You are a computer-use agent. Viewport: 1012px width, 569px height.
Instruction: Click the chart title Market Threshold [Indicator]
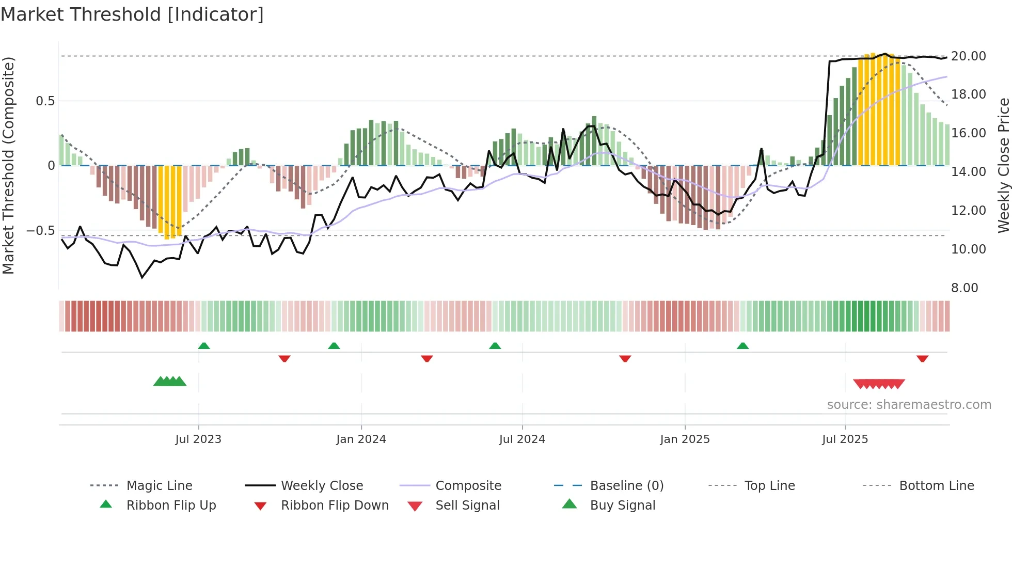click(x=132, y=14)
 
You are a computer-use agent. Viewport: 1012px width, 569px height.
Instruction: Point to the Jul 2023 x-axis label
click(x=198, y=439)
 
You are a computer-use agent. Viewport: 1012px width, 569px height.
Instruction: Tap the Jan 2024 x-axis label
click(x=361, y=439)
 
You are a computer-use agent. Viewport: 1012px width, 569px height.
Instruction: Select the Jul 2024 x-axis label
click(x=522, y=439)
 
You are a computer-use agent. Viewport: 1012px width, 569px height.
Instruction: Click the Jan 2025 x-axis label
click(x=685, y=439)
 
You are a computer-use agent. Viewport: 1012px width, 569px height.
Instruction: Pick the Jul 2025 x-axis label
click(x=845, y=439)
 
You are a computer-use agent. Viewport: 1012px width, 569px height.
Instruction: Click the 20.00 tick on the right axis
click(x=968, y=56)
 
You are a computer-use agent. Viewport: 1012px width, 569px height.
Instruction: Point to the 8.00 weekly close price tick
click(x=964, y=288)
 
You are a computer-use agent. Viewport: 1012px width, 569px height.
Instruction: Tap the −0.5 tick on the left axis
click(x=41, y=230)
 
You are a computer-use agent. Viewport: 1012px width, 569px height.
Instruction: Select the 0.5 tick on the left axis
click(x=45, y=101)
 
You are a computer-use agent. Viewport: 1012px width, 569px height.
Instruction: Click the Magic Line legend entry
click(x=159, y=486)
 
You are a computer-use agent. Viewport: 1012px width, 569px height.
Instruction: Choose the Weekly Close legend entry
click(x=322, y=486)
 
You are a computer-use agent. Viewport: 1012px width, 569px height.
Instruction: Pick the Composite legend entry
click(x=468, y=486)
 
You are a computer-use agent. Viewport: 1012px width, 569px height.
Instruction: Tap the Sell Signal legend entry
click(x=467, y=505)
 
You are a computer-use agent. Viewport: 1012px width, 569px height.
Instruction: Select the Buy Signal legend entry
click(x=623, y=505)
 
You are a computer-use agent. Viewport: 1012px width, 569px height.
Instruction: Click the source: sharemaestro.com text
click(x=909, y=405)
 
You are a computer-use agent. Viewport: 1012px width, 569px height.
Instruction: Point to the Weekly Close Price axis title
click(x=1003, y=165)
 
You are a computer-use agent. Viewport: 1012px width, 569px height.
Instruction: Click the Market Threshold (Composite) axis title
click(x=8, y=165)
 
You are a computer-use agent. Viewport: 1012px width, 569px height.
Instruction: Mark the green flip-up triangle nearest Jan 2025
click(x=742, y=346)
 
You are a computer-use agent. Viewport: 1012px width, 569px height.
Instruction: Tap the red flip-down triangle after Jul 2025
click(x=923, y=358)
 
